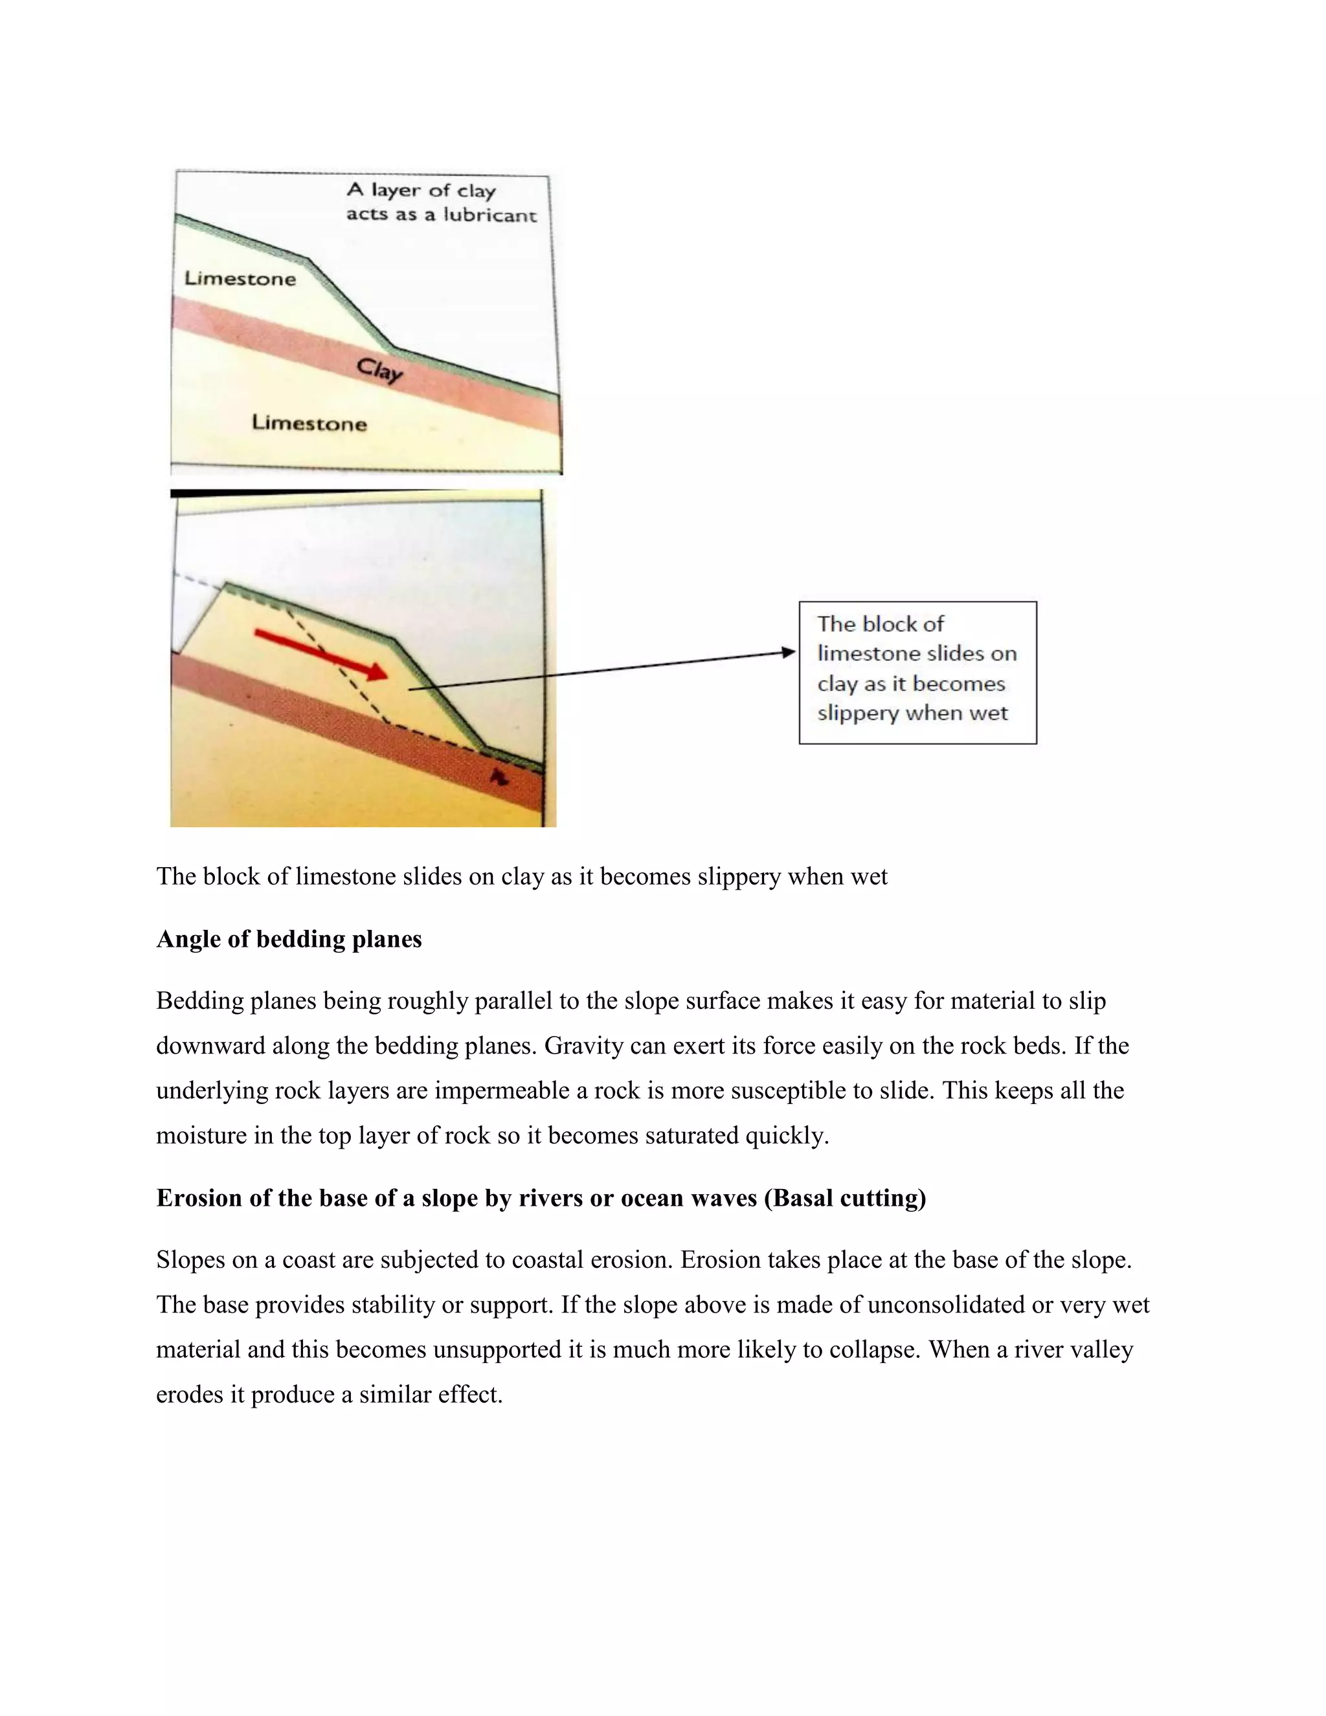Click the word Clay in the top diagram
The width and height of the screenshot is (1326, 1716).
click(380, 369)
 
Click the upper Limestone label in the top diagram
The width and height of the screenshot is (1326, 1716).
click(240, 279)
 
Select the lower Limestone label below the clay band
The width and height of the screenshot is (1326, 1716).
click(309, 423)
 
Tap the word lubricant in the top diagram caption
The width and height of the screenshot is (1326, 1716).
click(490, 215)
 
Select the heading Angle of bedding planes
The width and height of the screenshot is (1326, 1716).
click(289, 939)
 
